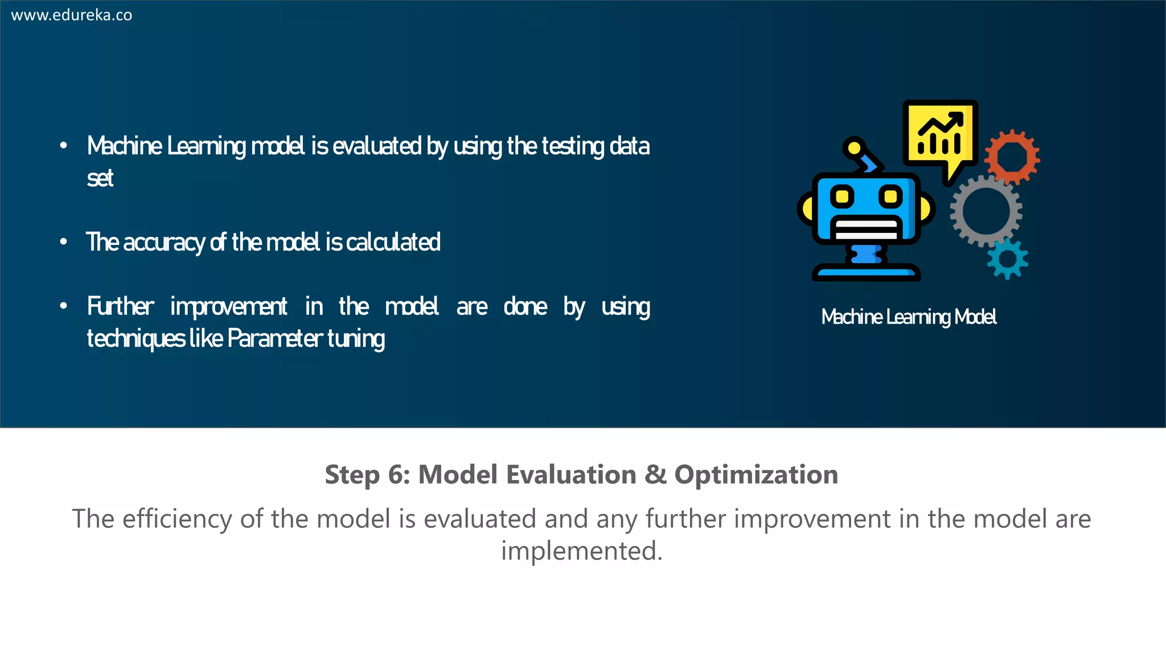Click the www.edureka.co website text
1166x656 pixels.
click(x=72, y=15)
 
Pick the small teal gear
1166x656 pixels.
click(x=1007, y=259)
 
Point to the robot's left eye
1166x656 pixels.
click(x=842, y=197)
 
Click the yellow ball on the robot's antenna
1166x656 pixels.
click(x=853, y=148)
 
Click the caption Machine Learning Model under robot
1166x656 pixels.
click(x=909, y=317)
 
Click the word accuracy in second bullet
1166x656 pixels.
click(x=164, y=243)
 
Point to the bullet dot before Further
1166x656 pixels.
click(x=64, y=306)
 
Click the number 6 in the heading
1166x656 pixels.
click(x=395, y=475)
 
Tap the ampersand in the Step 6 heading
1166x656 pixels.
click(x=655, y=475)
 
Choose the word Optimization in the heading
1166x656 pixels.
click(x=756, y=475)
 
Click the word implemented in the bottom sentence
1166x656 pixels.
click(x=581, y=551)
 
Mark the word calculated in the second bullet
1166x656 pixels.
click(x=393, y=243)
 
